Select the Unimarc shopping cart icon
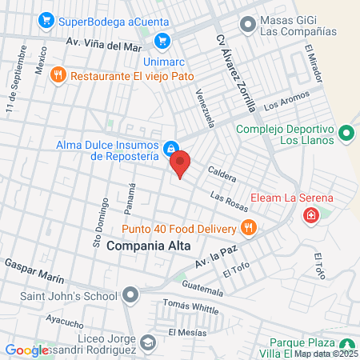[163, 40]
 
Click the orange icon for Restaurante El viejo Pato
[58, 76]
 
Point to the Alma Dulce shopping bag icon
[170, 149]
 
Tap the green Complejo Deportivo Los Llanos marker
[346, 132]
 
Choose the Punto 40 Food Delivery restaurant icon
[249, 227]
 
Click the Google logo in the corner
[26, 350]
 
